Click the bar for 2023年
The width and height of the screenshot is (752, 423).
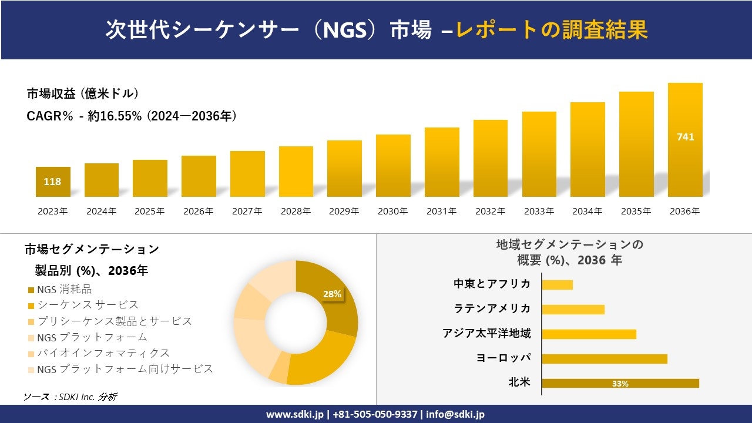point(53,182)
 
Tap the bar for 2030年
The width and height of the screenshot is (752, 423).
point(393,166)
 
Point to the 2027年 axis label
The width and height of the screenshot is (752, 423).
point(247,211)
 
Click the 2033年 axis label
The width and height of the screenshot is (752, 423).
point(539,211)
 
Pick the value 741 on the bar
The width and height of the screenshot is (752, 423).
point(685,137)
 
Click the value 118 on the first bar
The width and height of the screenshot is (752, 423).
point(52,182)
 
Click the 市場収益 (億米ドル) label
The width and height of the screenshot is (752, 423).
point(83,93)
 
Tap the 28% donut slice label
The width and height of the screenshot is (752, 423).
point(332,294)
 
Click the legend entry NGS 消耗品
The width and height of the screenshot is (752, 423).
point(64,289)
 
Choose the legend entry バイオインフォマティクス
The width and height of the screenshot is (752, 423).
point(103,353)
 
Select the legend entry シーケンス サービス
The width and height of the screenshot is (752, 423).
point(88,305)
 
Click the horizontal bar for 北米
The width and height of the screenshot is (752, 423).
point(620,383)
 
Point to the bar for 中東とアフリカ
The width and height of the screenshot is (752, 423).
point(557,284)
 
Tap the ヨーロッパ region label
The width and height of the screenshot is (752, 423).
point(503,358)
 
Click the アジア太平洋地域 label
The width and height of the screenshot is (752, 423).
point(486,334)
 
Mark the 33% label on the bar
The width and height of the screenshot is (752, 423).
point(620,384)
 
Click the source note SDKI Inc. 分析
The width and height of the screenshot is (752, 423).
point(70,397)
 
